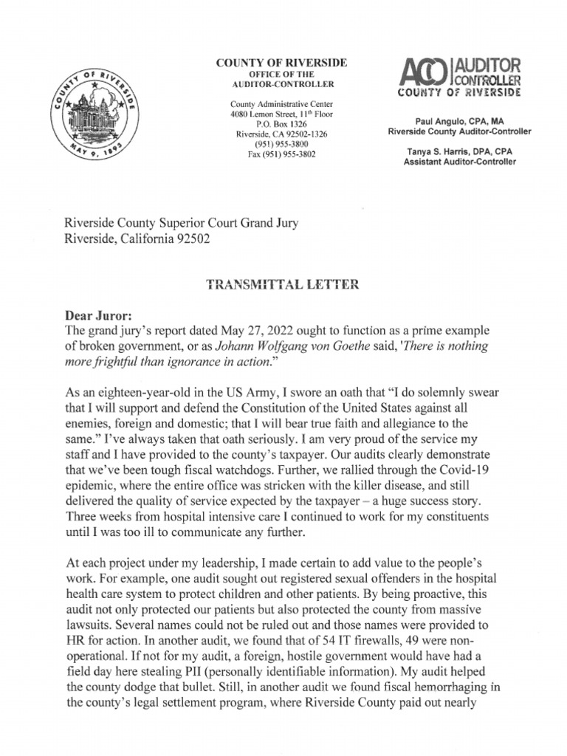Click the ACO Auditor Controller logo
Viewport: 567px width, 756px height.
(x=459, y=77)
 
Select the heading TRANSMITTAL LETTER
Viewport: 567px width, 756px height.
(x=282, y=283)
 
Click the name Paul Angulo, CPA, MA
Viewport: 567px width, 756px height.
(x=459, y=120)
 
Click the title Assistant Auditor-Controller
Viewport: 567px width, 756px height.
(x=459, y=162)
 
